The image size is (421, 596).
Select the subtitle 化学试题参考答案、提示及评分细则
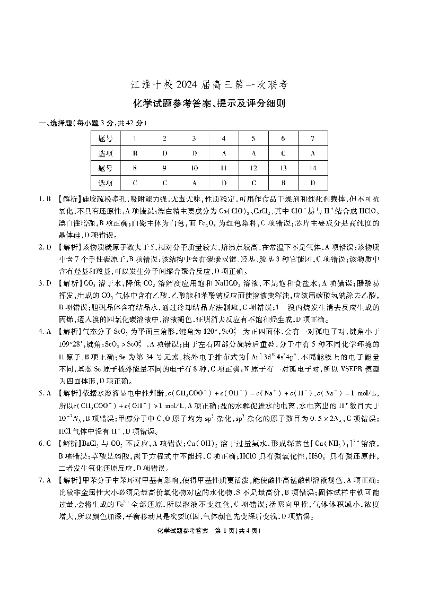point(210,105)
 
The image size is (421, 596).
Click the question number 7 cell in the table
point(313,139)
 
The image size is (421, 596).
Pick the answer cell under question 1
point(135,154)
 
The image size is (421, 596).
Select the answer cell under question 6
point(283,154)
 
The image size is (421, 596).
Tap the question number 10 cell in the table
point(194,168)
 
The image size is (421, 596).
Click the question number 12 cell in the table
point(253,168)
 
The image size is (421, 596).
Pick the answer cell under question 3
point(194,154)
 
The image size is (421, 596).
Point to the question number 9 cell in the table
point(164,168)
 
